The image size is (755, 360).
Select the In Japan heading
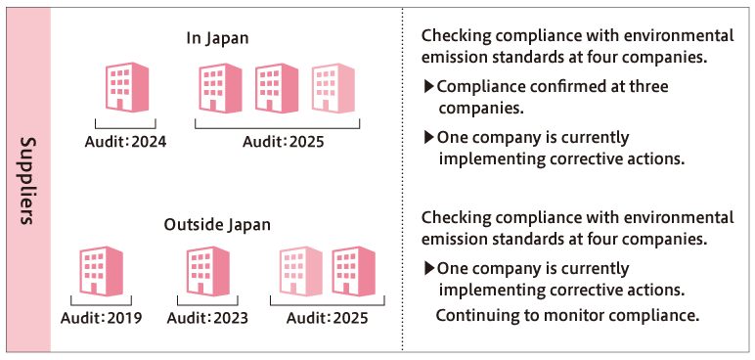(x=218, y=38)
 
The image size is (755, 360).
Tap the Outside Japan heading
(x=217, y=224)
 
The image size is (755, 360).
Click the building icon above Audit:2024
(x=124, y=89)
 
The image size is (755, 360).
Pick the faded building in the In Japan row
(x=333, y=89)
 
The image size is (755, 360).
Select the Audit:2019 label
(x=101, y=318)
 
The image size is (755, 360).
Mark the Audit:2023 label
(x=207, y=318)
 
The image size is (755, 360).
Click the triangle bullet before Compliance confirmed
(x=428, y=87)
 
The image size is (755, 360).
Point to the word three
(x=647, y=87)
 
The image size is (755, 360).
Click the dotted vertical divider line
(x=403, y=180)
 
